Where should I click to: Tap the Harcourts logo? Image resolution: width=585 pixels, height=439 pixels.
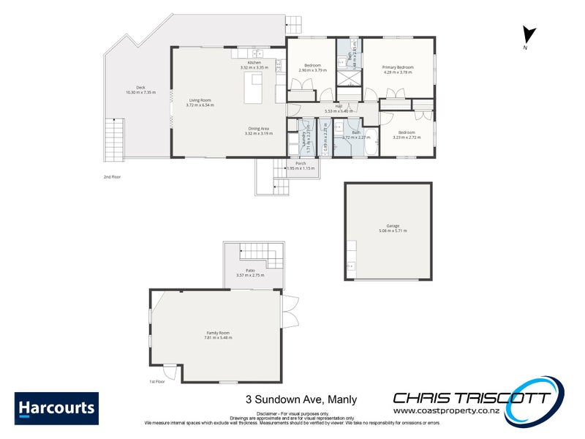[x=56, y=408]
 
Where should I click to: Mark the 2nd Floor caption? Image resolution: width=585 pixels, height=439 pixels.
[x=112, y=177]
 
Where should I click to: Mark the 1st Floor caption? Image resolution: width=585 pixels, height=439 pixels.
[x=156, y=382]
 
